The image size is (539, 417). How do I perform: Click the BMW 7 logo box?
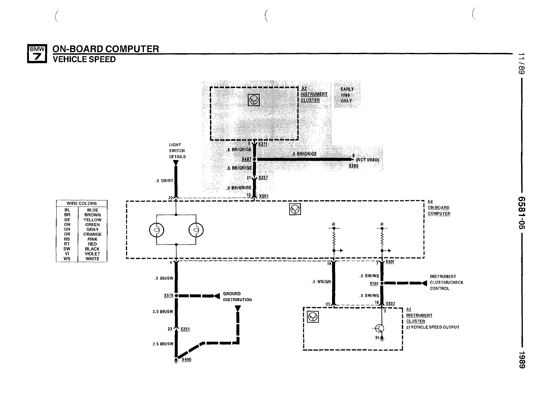tap(37, 54)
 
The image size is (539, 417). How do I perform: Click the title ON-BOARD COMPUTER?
tap(106, 49)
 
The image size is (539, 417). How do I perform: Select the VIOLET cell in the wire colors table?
tap(92, 254)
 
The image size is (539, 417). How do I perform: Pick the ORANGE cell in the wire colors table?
tap(92, 234)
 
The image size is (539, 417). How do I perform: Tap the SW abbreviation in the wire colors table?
tap(67, 249)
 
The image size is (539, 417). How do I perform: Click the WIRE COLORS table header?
tap(82, 203)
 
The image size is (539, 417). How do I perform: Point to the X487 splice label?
tap(247, 159)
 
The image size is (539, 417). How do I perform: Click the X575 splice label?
tap(168, 296)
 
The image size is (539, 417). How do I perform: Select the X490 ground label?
tap(186, 360)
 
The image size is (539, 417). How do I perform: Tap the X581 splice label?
tap(374, 284)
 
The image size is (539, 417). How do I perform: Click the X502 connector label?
tap(390, 303)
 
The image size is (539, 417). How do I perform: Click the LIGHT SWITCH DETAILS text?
tap(177, 151)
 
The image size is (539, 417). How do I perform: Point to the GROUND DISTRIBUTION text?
tap(237, 297)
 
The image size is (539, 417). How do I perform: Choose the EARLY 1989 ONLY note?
tap(347, 95)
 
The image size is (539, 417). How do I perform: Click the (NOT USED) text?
tap(367, 160)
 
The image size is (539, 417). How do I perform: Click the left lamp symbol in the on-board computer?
tap(156, 230)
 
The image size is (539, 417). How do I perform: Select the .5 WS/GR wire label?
tap(322, 282)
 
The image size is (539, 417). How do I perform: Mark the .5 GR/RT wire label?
tap(164, 181)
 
